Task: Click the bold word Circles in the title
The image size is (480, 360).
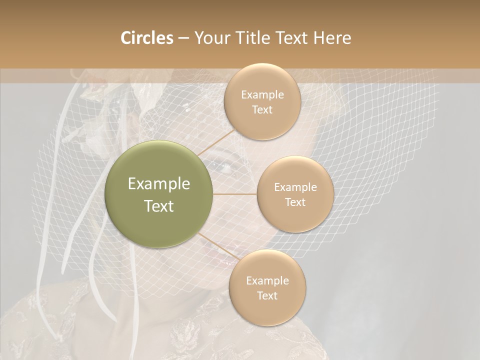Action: pyautogui.click(x=146, y=38)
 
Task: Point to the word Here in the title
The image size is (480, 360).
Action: pyautogui.click(x=332, y=38)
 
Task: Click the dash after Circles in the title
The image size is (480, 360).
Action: pyautogui.click(x=183, y=38)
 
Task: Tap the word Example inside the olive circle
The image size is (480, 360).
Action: pyautogui.click(x=159, y=184)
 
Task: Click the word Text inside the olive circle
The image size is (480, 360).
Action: pyautogui.click(x=159, y=206)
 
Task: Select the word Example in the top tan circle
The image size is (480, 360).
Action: pyautogui.click(x=262, y=94)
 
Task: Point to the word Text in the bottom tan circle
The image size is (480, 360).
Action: pyautogui.click(x=267, y=295)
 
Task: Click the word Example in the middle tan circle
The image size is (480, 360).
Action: pyautogui.click(x=295, y=187)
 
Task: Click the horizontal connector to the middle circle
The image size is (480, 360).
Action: pyautogui.click(x=235, y=194)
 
